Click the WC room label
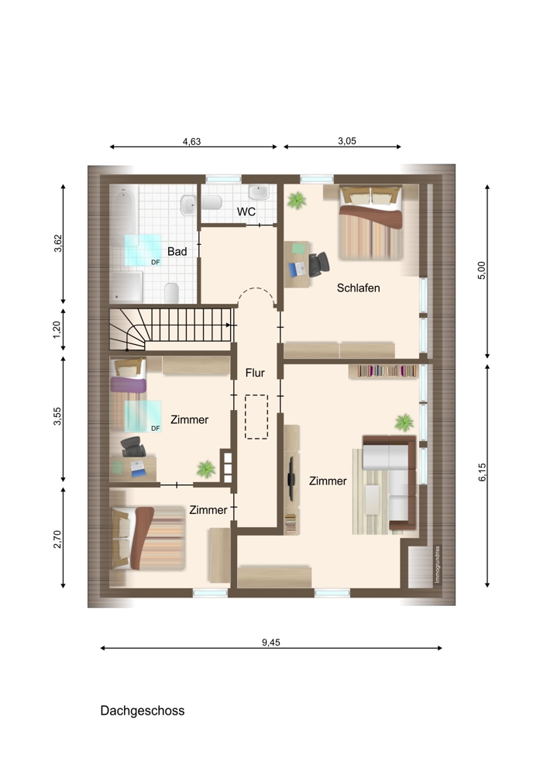tap(246, 212)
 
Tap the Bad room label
tap(177, 252)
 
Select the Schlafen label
tap(358, 288)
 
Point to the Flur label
tap(255, 373)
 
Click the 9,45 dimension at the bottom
tap(270, 642)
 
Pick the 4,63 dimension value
tap(191, 141)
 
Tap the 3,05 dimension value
tap(347, 141)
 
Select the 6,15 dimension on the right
tap(482, 472)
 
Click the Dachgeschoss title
tap(143, 710)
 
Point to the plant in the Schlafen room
tap(297, 200)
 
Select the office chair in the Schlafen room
tap(318, 264)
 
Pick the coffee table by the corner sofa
tap(372, 500)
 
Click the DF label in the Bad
tap(156, 263)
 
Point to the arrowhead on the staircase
tap(229, 325)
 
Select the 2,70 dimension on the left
tap(58, 539)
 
